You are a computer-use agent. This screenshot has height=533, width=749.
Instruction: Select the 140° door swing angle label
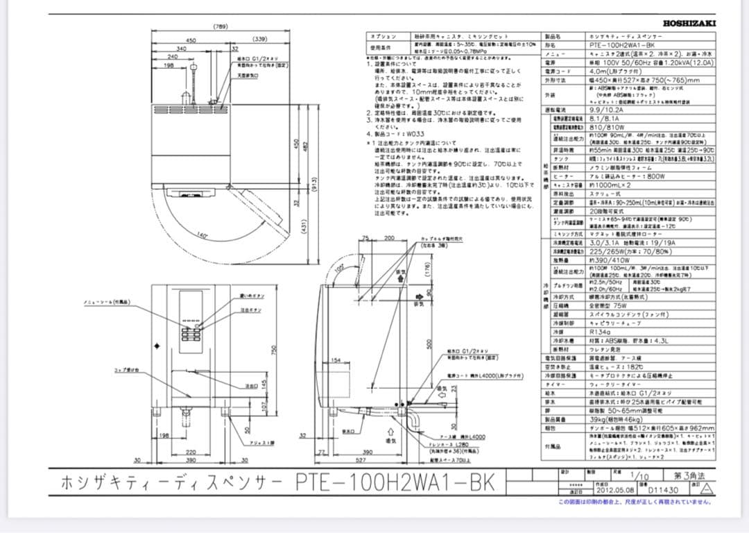203,235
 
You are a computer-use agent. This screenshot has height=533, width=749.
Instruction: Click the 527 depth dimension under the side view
360,459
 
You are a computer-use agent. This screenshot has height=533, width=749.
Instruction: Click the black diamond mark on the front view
156,346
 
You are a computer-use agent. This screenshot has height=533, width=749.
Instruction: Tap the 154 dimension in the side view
336,361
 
